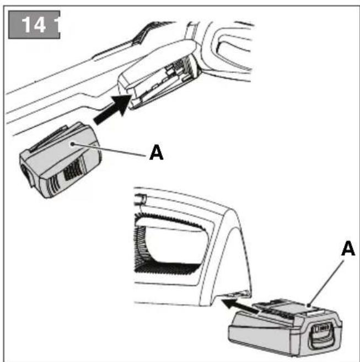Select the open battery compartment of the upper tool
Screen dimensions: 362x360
[160, 83]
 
